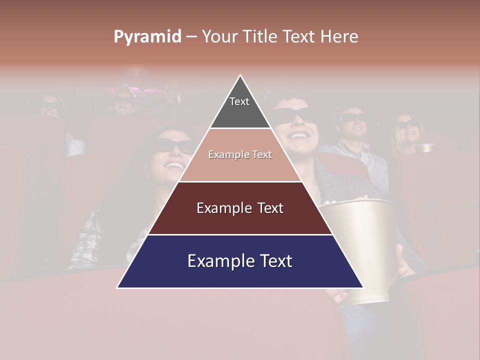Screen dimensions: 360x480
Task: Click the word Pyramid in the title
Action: [147, 37]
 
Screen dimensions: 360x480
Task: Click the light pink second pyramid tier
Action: [240, 155]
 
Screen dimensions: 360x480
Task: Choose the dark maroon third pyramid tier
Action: [240, 208]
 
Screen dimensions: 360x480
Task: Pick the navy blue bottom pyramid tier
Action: [240, 261]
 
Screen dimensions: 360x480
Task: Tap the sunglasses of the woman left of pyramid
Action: [172, 145]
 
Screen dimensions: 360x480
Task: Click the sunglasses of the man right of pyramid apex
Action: [295, 115]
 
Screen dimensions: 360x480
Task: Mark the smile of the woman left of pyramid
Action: [175, 164]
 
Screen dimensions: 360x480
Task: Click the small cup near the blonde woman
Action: [425, 147]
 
